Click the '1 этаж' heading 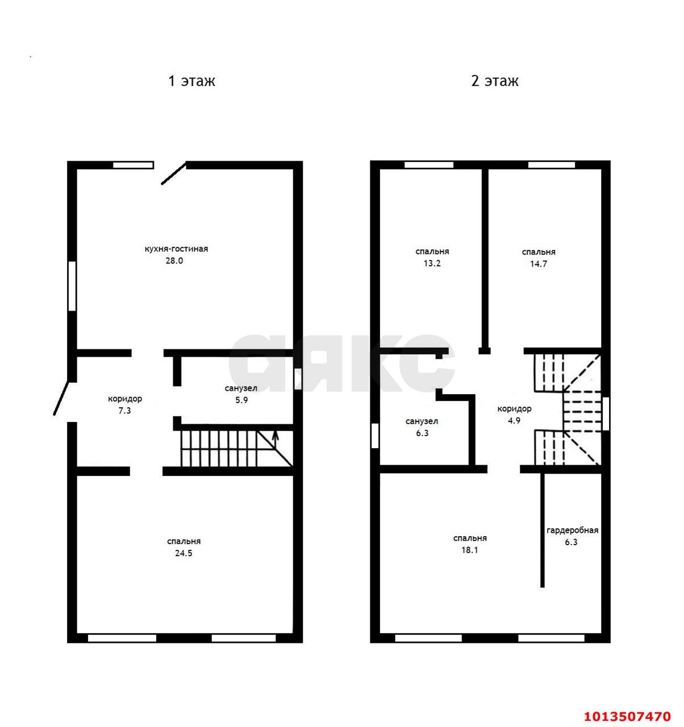click(191, 81)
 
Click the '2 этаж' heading click(494, 81)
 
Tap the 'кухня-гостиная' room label click(176, 249)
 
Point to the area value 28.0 click(174, 261)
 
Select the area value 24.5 click(183, 553)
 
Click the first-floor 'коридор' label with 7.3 click(125, 399)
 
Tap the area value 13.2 click(432, 264)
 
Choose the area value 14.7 click(538, 264)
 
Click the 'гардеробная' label click(572, 530)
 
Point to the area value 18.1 click(470, 550)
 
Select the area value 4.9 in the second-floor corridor click(514, 421)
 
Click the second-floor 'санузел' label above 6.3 click(422, 421)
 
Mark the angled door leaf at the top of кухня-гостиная click(173, 174)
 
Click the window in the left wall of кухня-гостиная click(72, 286)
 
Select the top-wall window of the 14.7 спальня click(551, 165)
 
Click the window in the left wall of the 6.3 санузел click(374, 436)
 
